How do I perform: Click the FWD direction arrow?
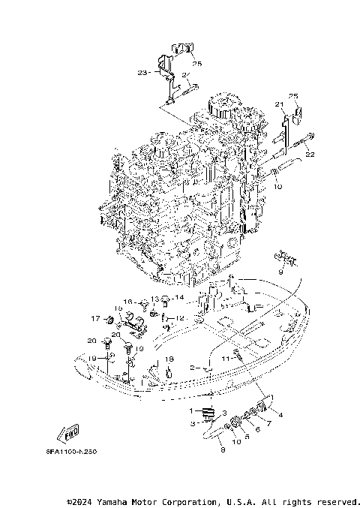(69, 434)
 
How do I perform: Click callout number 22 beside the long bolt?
(310, 155)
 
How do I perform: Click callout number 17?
(95, 318)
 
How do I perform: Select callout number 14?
(178, 298)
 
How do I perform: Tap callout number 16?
(127, 302)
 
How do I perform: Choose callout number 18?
(170, 359)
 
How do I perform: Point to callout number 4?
(280, 414)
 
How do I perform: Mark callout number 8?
(223, 449)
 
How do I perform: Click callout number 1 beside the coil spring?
(191, 410)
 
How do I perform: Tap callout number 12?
(180, 318)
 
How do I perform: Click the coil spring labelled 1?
(208, 412)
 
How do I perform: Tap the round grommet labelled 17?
(109, 321)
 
